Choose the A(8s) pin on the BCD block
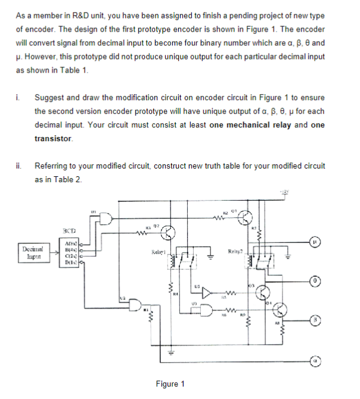pos(70,244)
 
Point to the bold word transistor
pos(54,138)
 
